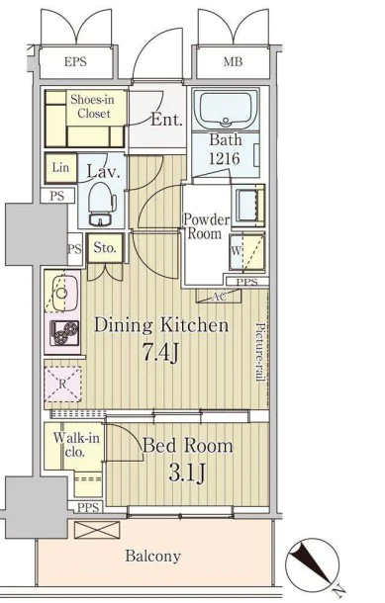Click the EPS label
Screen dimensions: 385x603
[x=75, y=62]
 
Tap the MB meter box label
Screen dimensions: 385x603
[x=233, y=62]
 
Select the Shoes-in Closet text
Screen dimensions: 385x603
[x=92, y=106]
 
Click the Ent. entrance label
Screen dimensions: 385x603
[x=166, y=120]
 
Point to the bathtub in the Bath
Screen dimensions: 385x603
[x=226, y=109]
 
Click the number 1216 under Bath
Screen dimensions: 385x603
[x=224, y=158]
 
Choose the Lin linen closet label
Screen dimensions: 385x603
[x=60, y=168]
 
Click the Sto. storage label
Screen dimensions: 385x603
[x=105, y=248]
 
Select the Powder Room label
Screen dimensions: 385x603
[x=207, y=226]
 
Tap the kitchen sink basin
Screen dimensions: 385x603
[x=62, y=293]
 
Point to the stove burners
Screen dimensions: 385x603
[x=64, y=332]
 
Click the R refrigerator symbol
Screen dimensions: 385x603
[x=62, y=385]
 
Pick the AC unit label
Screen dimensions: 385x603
[x=219, y=297]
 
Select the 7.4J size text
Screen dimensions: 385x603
[x=161, y=353]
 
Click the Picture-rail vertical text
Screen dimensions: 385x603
[x=261, y=352]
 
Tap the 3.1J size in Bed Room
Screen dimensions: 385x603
[x=187, y=473]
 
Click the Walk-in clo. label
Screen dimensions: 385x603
[x=76, y=445]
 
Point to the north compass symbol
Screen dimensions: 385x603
[x=313, y=564]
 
